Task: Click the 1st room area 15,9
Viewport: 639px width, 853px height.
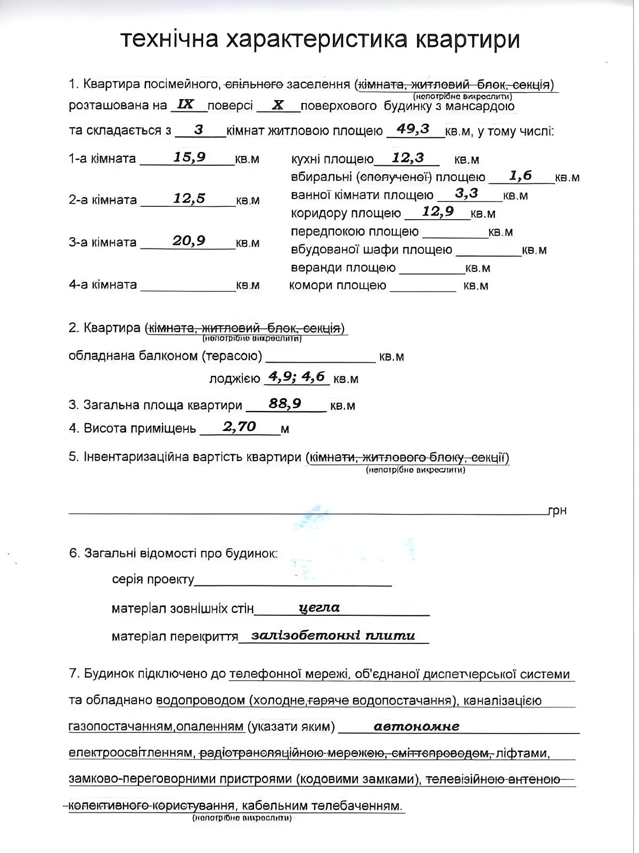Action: (x=189, y=157)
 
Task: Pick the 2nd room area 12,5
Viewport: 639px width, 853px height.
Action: (x=189, y=198)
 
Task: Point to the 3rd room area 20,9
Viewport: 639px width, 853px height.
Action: (x=189, y=240)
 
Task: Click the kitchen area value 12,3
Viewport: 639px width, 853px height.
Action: (x=407, y=157)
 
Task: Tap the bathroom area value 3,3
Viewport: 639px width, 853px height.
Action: (x=466, y=193)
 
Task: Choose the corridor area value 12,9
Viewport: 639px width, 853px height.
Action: (x=438, y=211)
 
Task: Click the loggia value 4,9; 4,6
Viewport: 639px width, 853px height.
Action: (x=297, y=376)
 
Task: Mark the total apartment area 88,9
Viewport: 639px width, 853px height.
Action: (x=285, y=403)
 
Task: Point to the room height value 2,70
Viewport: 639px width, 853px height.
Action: (x=240, y=426)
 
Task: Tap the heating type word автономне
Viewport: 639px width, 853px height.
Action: (x=416, y=726)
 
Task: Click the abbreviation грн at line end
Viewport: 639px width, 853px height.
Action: (x=557, y=511)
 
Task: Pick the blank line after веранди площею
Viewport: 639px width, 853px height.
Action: (x=432, y=270)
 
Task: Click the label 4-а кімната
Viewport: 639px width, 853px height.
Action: (x=103, y=285)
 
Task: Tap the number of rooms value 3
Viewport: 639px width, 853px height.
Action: (x=199, y=130)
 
